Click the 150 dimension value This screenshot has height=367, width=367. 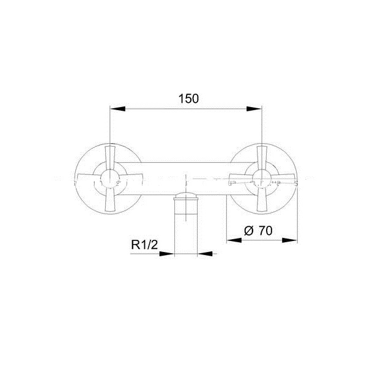(188, 98)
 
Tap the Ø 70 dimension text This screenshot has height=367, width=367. (258, 231)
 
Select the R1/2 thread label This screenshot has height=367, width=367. (144, 245)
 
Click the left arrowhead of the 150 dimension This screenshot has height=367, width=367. (117, 109)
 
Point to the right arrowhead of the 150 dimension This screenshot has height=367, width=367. (254, 109)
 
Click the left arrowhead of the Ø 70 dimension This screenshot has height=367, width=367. (234, 240)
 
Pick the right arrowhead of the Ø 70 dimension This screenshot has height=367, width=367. (290, 240)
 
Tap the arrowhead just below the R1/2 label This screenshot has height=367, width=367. (167, 254)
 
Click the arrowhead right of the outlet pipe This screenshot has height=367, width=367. (205, 254)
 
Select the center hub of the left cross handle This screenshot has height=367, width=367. (109, 179)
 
